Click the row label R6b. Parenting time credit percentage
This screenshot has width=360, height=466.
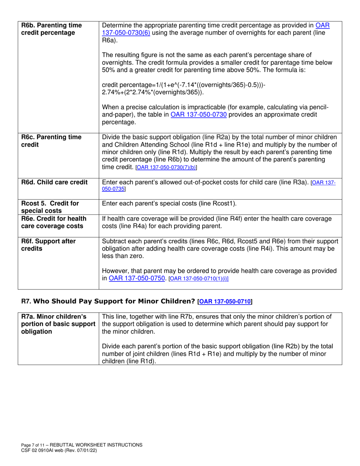click(x=51, y=29)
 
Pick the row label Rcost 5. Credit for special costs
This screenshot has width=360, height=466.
click(x=50, y=207)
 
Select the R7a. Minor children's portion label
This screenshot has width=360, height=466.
click(x=58, y=323)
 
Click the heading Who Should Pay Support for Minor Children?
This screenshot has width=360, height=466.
click(x=114, y=302)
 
